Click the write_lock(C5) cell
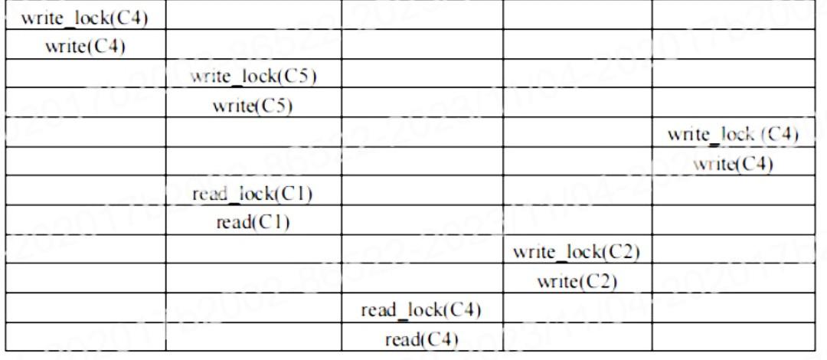click(253, 77)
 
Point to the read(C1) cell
click(253, 222)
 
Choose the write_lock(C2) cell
click(577, 252)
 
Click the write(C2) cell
click(577, 280)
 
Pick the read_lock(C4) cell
click(422, 310)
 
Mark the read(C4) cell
click(422, 339)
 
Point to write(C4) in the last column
click(734, 164)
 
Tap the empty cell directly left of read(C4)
click(253, 339)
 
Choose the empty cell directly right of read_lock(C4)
click(577, 310)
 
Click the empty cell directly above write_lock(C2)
click(577, 222)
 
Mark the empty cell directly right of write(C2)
click(734, 280)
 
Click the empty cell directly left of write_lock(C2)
click(422, 252)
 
